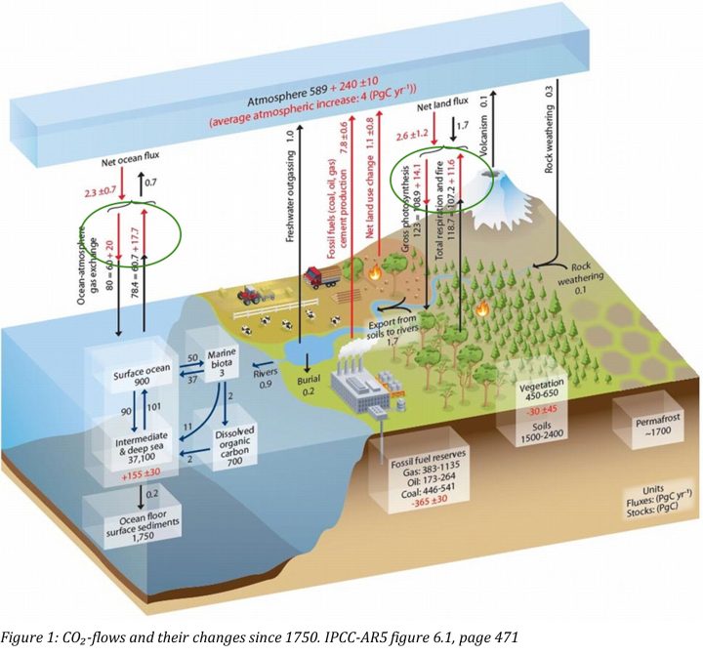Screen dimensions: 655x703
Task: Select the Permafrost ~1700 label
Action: tap(641, 421)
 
